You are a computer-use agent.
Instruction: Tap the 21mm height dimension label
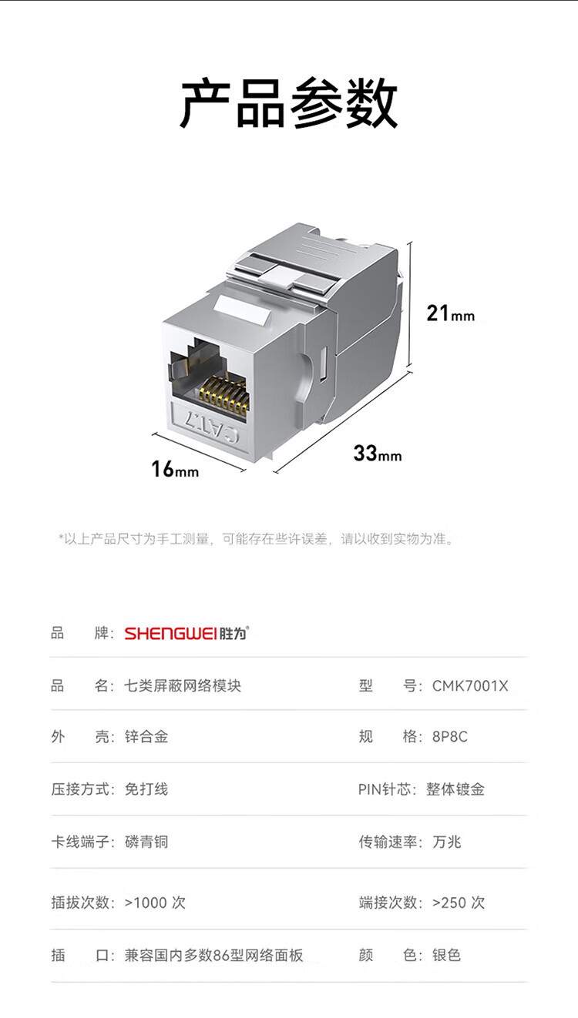[x=450, y=313]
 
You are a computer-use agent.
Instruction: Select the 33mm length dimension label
[x=378, y=454]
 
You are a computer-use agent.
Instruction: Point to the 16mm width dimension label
[x=175, y=469]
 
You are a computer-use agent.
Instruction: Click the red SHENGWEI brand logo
[x=187, y=633]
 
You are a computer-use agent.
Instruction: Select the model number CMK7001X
[x=470, y=685]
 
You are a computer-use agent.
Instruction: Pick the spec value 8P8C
[x=450, y=736]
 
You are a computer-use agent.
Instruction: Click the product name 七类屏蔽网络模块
[x=183, y=685]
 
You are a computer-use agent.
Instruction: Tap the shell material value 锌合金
[x=146, y=736]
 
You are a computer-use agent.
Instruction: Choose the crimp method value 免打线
[x=146, y=789]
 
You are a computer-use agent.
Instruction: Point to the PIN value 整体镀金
[x=455, y=789]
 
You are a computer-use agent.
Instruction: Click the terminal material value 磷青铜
[x=146, y=842]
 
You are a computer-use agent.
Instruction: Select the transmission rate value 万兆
[x=446, y=842]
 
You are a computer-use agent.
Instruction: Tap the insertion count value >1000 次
[x=155, y=902]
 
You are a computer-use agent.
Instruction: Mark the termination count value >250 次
[x=459, y=902]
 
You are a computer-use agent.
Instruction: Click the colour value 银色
[x=446, y=955]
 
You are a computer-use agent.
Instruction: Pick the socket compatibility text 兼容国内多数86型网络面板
[x=213, y=955]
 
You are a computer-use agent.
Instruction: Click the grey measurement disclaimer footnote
[x=257, y=539]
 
